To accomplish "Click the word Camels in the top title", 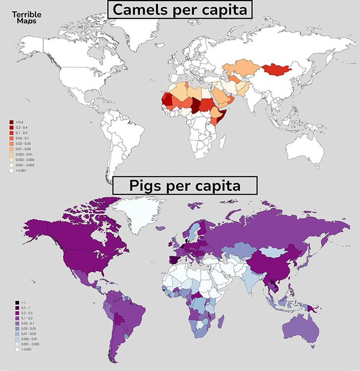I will (x=141, y=9).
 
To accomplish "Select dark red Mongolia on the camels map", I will (x=276, y=70).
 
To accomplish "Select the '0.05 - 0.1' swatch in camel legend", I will (x=11, y=138).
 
